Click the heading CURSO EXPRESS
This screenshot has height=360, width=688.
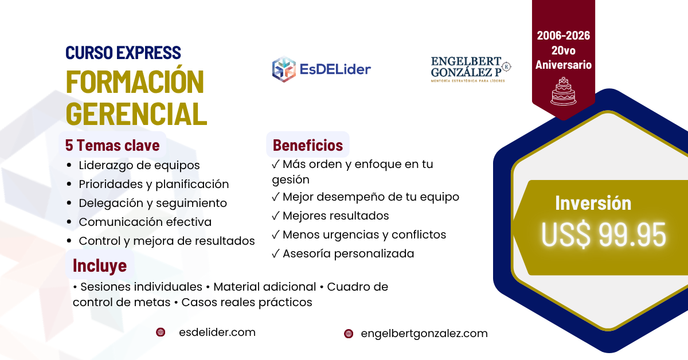click(123, 53)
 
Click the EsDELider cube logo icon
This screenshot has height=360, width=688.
click(284, 69)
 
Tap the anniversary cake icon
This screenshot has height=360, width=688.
click(562, 91)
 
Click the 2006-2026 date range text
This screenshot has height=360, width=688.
click(563, 36)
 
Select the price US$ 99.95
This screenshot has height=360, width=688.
click(604, 234)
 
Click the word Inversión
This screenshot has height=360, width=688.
click(593, 203)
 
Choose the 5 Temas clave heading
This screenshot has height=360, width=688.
click(112, 145)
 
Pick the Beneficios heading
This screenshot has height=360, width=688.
click(308, 145)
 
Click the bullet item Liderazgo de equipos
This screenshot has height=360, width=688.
click(139, 165)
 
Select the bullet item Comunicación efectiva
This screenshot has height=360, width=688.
click(145, 222)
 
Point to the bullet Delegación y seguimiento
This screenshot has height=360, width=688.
click(153, 203)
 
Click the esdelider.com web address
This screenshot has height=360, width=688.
click(217, 332)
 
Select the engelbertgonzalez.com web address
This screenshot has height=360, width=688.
click(424, 334)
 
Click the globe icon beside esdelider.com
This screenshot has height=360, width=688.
click(161, 332)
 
